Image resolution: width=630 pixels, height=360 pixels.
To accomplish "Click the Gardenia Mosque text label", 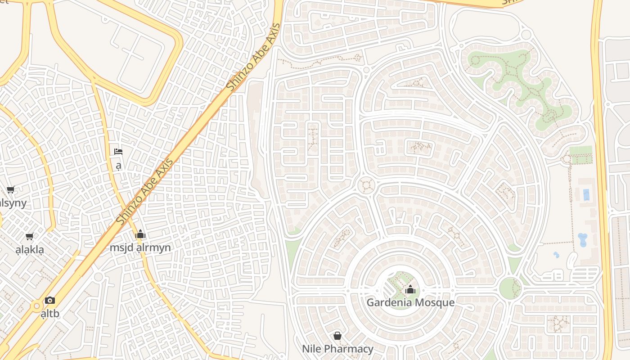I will click(410, 302).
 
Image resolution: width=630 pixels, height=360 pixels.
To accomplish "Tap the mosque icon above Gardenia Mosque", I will click(410, 289).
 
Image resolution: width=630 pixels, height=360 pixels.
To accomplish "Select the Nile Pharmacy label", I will click(337, 349).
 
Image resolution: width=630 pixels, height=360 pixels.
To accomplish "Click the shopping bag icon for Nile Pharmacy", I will click(337, 336).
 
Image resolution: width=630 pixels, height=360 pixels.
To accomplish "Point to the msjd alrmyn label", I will click(140, 247).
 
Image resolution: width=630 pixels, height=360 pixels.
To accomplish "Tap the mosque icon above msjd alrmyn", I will click(140, 234).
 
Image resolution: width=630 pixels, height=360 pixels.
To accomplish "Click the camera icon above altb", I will click(50, 300).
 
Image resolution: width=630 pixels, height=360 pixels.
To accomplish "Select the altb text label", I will click(50, 313).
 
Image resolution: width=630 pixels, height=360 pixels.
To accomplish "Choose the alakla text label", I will click(30, 250).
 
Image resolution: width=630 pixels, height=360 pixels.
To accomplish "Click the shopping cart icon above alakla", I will click(30, 237).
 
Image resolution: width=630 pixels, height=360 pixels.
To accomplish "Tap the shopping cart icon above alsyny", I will click(10, 190).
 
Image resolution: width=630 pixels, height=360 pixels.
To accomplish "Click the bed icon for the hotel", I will click(118, 152).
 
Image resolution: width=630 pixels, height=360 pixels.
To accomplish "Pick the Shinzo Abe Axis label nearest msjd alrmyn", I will click(145, 193).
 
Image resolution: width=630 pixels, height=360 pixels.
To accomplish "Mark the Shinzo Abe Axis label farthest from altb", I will click(253, 57).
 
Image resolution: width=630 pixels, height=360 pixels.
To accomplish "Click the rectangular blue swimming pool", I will click(586, 195).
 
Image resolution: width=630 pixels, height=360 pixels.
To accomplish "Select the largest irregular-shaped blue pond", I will click(582, 240).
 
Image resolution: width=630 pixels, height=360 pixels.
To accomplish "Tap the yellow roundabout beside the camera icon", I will click(36, 306).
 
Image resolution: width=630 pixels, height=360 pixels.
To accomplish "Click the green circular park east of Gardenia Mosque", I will click(510, 288).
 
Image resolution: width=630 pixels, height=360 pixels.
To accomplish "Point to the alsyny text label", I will click(13, 203).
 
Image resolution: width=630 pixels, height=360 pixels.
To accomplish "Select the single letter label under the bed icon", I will click(118, 166).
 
